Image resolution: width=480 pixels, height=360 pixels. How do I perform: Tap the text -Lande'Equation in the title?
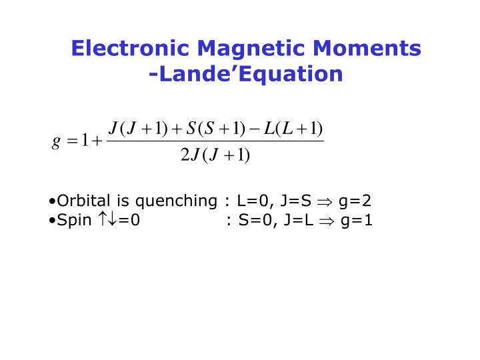tap(246, 74)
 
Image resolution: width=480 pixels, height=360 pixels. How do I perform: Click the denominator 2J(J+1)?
tap(215, 155)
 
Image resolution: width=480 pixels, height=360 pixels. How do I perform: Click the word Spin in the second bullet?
tap(75, 219)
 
